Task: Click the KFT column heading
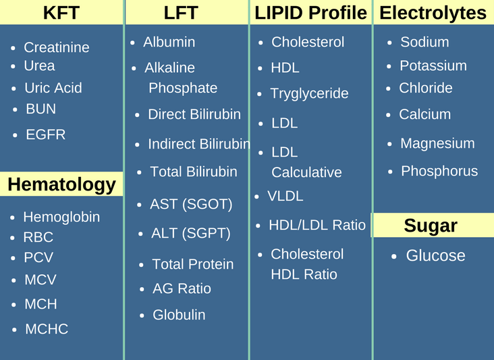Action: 61,13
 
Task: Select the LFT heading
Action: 181,13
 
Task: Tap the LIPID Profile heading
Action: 310,13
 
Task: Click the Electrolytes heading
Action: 433,14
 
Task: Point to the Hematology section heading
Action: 62,184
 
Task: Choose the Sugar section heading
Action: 431,226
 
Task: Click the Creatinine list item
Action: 57,47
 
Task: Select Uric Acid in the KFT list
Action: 53,88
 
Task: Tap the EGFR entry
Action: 46,134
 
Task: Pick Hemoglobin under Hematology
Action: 61,217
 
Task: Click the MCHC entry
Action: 47,329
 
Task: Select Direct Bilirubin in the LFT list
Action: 194,114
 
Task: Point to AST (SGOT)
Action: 191,204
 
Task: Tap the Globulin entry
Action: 179,315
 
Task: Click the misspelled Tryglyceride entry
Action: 309,94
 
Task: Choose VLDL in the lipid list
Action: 285,196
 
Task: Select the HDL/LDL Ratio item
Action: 317,225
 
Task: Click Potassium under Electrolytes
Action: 433,66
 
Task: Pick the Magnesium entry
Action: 437,143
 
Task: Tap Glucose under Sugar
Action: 435,255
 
